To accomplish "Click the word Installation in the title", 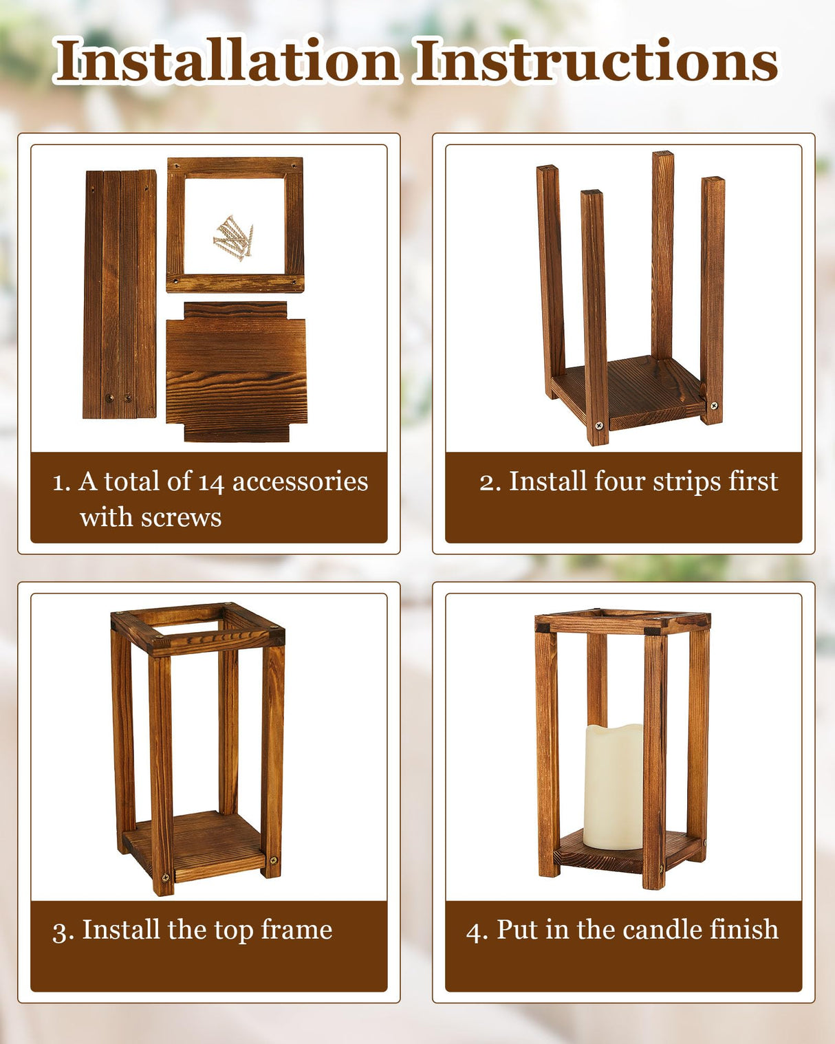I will [227, 62].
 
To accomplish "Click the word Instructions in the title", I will [597, 62].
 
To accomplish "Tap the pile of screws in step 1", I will [233, 238].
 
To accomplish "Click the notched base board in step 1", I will [236, 371].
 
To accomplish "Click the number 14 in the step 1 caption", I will [211, 482].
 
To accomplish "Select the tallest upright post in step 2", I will [662, 254].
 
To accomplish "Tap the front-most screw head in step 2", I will [599, 426].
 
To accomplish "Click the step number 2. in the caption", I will [490, 482].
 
